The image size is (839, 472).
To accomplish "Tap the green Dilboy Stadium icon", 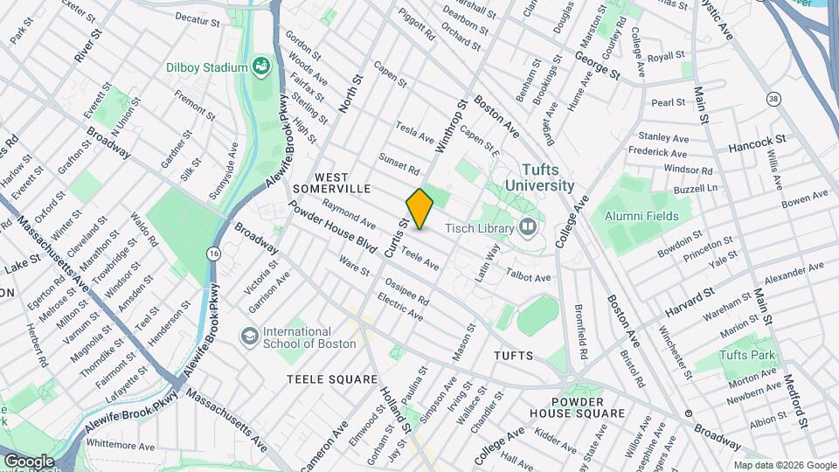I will tap(260, 66).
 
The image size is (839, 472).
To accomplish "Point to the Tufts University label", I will tap(536, 177).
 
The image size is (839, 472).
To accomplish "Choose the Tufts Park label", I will tap(748, 355).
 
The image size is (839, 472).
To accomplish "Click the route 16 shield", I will tap(213, 253).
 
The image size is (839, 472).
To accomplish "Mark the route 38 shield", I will tap(773, 99).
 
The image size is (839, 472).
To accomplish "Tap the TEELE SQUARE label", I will tap(332, 379).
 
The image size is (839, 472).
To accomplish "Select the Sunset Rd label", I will tap(399, 163).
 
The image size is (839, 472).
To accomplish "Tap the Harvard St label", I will tap(689, 302).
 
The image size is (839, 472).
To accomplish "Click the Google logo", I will tap(28, 461).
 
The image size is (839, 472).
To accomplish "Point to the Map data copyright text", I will tap(783, 465).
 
